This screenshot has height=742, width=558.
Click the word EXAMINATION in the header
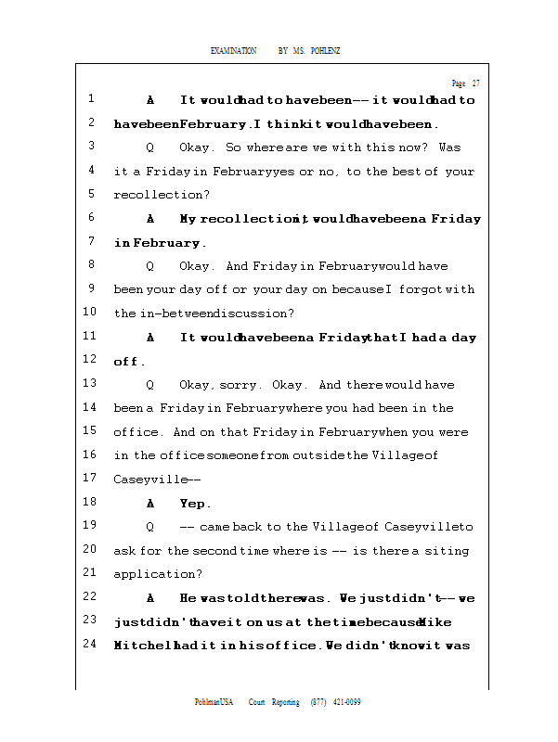[233, 50]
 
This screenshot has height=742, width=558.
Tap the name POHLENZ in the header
[326, 50]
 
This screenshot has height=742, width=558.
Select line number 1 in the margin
[92, 99]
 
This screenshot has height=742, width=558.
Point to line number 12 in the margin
[90, 360]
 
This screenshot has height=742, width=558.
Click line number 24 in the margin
[90, 645]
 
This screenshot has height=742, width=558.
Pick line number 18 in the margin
[90, 503]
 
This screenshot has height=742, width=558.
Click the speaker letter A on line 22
[150, 598]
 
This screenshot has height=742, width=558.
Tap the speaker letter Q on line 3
[150, 147]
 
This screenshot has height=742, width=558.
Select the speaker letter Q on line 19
[150, 527]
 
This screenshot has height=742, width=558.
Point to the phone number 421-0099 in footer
[345, 702]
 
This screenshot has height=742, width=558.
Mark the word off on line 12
[127, 362]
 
